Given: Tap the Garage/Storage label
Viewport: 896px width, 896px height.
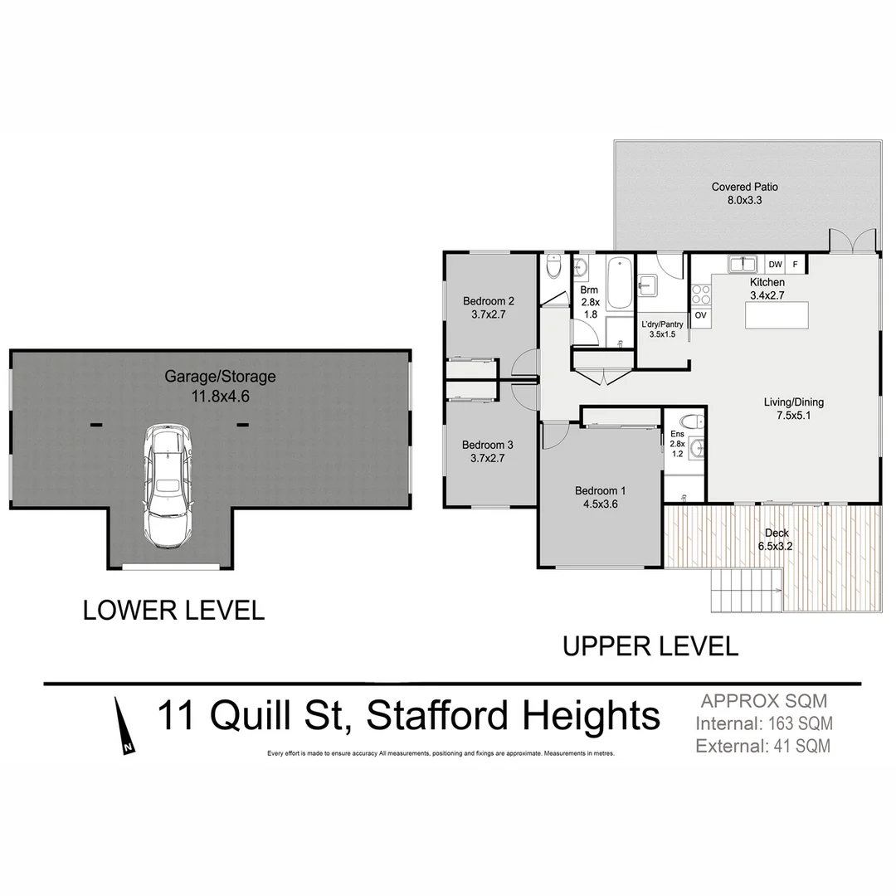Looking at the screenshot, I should coord(219,386).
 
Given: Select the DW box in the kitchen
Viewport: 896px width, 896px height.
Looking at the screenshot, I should coord(775,265).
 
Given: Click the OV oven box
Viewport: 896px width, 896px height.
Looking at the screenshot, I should coord(700,315).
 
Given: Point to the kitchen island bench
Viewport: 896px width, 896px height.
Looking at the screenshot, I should coord(777,316).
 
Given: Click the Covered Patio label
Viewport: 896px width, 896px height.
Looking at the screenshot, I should coord(744,194).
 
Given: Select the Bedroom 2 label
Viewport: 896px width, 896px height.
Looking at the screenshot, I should coord(489,308).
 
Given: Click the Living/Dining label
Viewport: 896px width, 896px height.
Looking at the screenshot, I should coord(793,409).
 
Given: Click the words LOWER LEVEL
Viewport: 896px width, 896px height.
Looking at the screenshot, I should coord(173,611).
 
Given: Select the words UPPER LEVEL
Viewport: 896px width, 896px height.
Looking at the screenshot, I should coord(650,646).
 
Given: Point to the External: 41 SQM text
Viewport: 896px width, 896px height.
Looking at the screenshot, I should coord(763,746).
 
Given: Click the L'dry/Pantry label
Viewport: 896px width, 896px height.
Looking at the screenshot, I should coord(662,329).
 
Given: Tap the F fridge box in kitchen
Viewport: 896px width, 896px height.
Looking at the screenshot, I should coord(795,265).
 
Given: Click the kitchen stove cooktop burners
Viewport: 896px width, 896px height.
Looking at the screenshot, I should coord(700,293).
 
